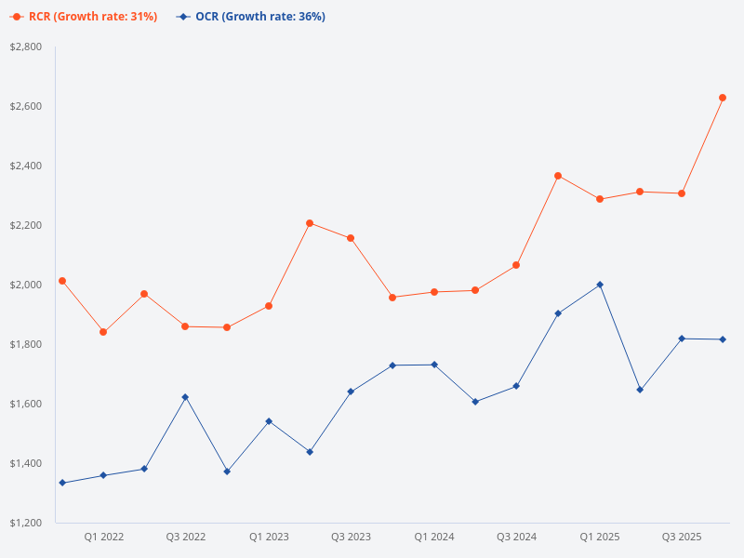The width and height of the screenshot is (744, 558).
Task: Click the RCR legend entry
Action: (x=84, y=17)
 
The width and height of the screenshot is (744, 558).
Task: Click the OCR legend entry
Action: (x=251, y=17)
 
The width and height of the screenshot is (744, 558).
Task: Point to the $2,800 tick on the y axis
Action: (x=26, y=46)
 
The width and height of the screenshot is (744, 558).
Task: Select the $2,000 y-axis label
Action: (x=26, y=285)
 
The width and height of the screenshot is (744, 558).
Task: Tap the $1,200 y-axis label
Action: (x=26, y=523)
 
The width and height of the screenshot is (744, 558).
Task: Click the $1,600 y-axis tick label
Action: (x=26, y=404)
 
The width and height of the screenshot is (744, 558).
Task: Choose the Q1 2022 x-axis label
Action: (x=103, y=537)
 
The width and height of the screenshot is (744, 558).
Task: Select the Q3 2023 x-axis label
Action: (x=351, y=537)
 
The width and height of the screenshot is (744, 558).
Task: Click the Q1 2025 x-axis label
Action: (x=600, y=537)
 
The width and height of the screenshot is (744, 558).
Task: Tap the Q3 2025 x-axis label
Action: (x=682, y=537)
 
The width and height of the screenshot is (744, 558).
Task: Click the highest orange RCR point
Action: (x=723, y=98)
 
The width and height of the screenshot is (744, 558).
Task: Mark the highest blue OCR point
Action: (x=600, y=285)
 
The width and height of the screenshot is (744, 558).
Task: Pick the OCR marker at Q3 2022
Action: (x=185, y=397)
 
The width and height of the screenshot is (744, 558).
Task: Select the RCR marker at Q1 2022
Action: (x=103, y=332)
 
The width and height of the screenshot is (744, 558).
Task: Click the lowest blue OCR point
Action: (x=62, y=483)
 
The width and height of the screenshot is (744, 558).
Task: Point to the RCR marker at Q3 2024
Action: (x=516, y=265)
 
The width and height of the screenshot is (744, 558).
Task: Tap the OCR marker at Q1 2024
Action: (x=434, y=365)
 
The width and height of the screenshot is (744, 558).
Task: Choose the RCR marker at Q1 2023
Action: (x=269, y=306)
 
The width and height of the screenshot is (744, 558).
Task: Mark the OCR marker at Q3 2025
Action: (x=682, y=339)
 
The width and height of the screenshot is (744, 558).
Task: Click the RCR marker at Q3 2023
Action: (x=351, y=238)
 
